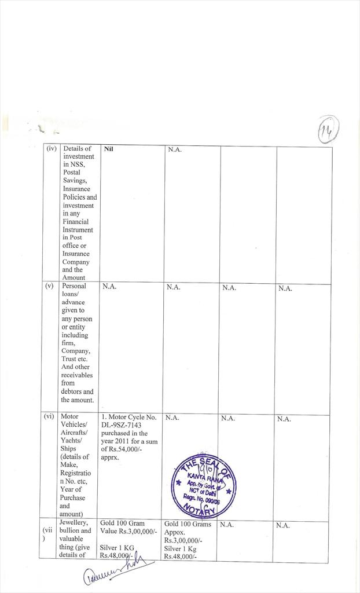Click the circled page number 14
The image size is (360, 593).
[x=328, y=128]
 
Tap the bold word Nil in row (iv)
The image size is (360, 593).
[x=108, y=149]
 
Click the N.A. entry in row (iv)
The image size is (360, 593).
[x=175, y=150]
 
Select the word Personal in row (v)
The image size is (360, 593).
[x=74, y=286]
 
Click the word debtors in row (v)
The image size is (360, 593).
[x=72, y=391]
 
